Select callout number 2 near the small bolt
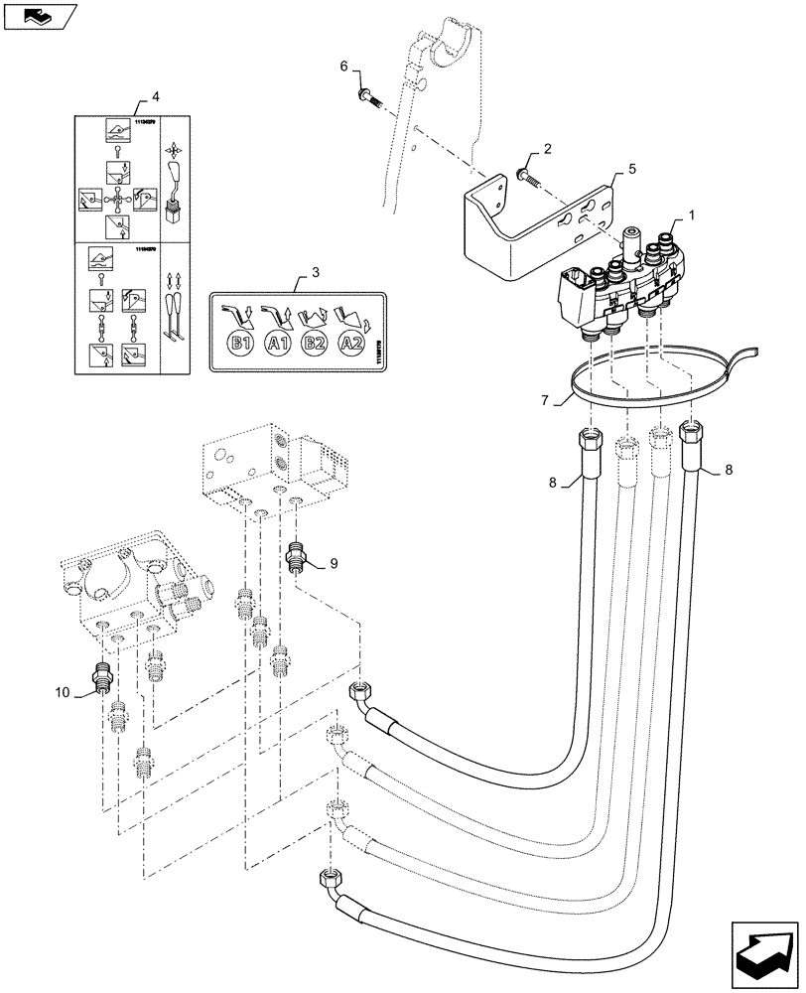point(546,149)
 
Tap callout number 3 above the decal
point(315,271)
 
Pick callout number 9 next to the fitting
point(334,563)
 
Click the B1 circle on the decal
point(239,345)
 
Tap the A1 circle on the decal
point(277,345)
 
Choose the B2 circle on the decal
point(315,345)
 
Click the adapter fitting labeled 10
point(100,675)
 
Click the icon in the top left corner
point(41,15)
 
